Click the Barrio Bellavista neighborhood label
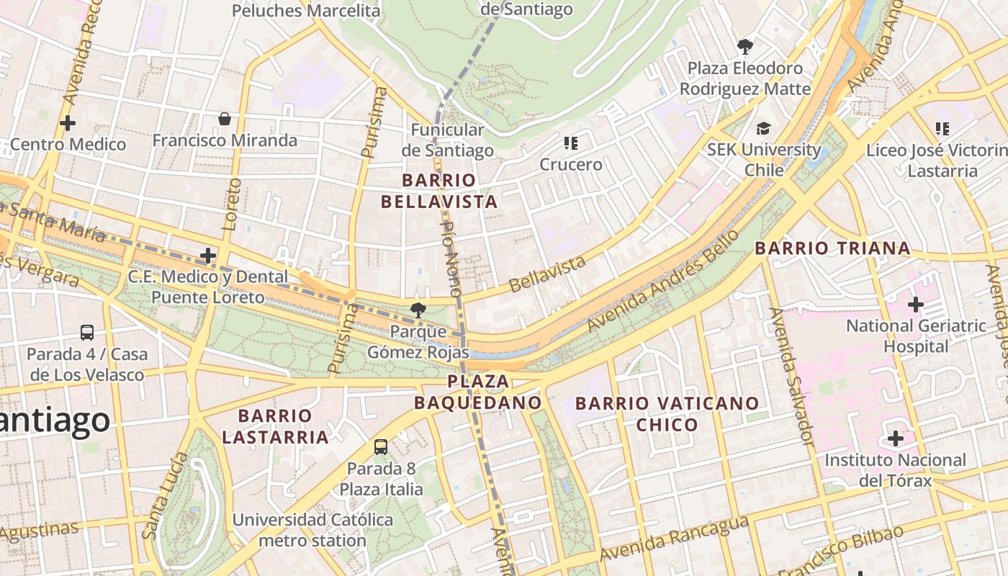439,191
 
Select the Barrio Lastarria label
275,426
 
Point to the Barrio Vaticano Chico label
667,413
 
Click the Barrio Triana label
832,248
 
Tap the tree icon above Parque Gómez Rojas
417,310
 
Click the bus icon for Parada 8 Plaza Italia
381,447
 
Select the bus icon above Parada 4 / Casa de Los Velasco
87,333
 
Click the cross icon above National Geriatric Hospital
915,305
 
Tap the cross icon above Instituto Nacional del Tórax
895,438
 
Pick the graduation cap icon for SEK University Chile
762,128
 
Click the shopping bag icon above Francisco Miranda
225,119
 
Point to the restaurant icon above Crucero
571,143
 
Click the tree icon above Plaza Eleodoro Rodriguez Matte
745,47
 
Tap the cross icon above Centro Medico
68,123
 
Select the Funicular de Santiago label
447,140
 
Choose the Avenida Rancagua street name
674,539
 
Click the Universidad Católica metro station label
312,529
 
